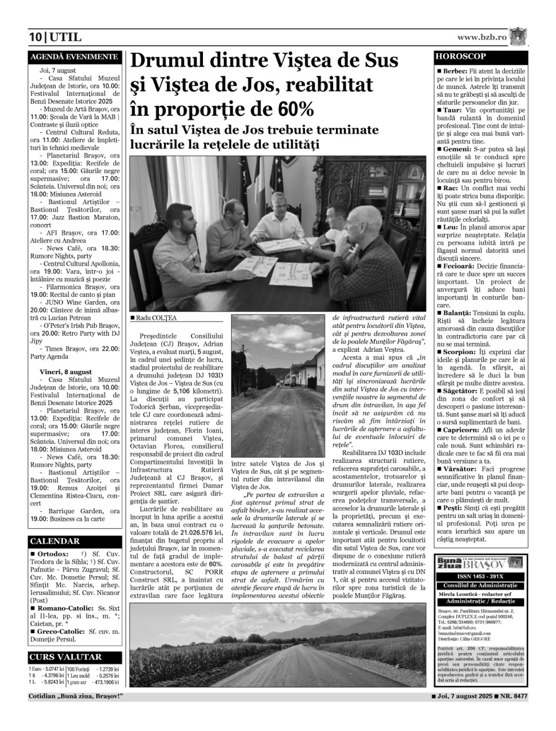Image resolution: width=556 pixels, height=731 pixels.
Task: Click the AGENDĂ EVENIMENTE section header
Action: [74, 57]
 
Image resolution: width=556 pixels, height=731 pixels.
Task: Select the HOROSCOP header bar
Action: [480, 57]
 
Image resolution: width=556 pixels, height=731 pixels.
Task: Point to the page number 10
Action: [36, 38]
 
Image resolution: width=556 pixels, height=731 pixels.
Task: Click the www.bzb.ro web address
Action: [481, 37]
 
